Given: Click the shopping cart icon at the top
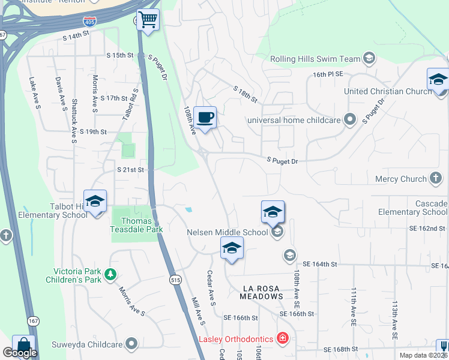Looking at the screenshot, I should pos(148,20).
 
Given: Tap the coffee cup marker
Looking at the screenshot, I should pos(205,117).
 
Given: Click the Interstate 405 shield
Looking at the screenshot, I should pos(89,21).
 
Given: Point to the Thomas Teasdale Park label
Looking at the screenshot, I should pos(137,225).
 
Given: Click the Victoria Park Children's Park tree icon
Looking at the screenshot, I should pos(110,274).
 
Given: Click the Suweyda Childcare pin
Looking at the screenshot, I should pos(131,344).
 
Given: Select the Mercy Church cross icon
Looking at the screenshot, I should pos(436,179).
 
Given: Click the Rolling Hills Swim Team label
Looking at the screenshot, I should pos(315,59).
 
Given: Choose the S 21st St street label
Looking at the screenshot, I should pos(131,170).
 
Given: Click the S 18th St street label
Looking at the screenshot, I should pos(245,94).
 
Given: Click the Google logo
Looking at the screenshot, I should pos(19,353).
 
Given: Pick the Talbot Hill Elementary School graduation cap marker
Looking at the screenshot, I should pos(95,202).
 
